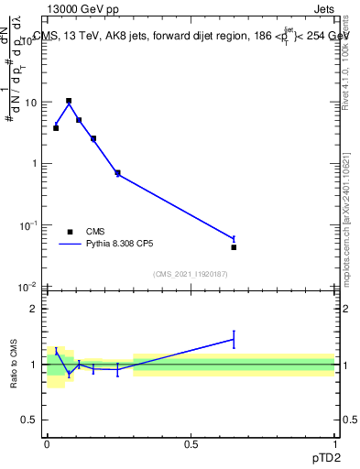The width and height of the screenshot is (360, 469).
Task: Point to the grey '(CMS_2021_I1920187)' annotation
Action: tap(191, 274)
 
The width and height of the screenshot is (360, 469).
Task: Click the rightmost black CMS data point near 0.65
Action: tap(234, 247)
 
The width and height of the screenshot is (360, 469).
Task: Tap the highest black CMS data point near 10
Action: tap(69, 101)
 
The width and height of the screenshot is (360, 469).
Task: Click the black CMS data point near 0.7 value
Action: tap(117, 172)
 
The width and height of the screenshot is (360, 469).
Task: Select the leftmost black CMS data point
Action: tap(56, 127)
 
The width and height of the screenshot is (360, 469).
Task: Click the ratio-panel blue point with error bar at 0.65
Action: tap(234, 340)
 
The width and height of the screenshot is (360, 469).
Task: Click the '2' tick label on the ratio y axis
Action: tap(33, 309)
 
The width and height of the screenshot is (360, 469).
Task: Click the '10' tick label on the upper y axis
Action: tap(29, 103)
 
